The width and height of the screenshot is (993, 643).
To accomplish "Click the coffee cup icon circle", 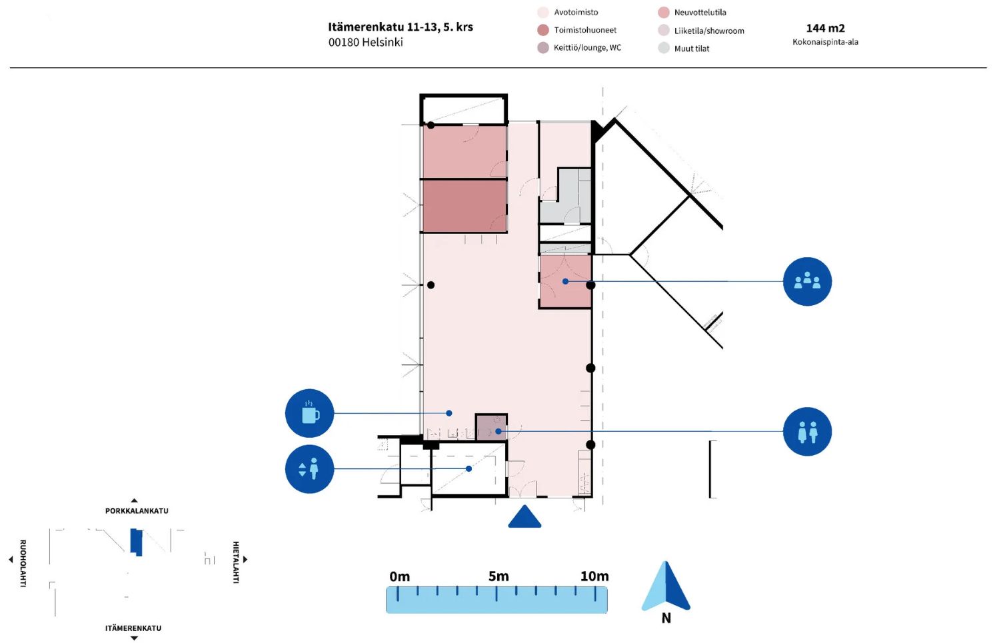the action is point(309,413).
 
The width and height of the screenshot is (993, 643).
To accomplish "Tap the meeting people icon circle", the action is point(807,281).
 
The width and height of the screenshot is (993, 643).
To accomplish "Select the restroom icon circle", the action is point(807,432).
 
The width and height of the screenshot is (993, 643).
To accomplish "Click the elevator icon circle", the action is point(309,469).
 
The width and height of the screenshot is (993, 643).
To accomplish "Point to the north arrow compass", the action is point(666,586).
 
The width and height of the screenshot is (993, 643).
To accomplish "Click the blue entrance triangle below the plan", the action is point(524,516).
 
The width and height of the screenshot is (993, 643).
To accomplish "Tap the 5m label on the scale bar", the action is point(498,576).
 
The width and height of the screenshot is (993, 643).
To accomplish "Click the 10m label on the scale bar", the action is point(594,576).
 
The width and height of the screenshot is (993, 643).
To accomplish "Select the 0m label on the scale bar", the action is point(399,576).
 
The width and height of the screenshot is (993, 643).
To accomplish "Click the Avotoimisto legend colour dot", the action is point(543,13).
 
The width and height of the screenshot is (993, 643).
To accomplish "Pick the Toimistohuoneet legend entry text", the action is point(585,30).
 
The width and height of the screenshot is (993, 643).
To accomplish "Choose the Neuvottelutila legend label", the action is point(700,13).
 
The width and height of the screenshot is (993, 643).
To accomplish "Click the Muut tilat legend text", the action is point(692,49).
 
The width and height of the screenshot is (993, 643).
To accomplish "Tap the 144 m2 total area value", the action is point(826,28).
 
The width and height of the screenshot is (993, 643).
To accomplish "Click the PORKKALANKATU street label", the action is point(137,511).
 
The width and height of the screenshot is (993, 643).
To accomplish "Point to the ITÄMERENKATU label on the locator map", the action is point(133,628).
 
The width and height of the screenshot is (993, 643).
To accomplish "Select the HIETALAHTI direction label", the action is point(236,562).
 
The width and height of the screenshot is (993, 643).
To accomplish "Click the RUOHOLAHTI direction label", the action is point(23,564).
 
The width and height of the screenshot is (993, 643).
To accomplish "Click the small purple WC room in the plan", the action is point(491,427).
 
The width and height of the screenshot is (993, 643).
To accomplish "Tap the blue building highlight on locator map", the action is point(136,542).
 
